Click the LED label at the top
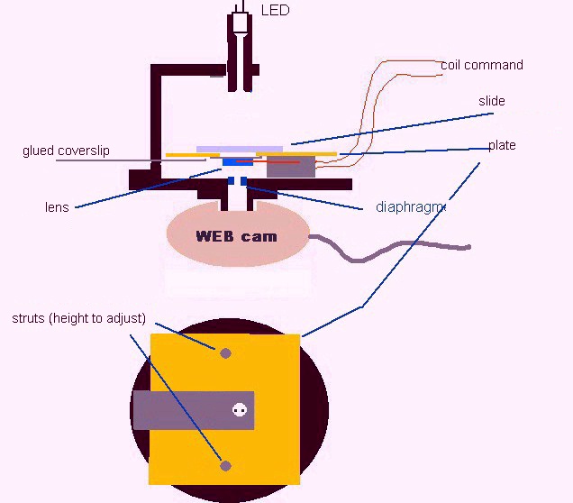click(275, 11)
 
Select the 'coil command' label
click(482, 65)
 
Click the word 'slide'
click(491, 102)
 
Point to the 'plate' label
click(502, 145)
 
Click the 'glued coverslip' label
click(66, 151)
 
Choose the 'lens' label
click(57, 207)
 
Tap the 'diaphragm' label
click(410, 207)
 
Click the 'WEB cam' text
click(237, 237)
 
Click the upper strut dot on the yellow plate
click(226, 352)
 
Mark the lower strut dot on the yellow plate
click(226, 465)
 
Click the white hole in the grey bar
click(239, 410)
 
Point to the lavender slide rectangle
click(240, 148)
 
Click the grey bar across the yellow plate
click(193, 410)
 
